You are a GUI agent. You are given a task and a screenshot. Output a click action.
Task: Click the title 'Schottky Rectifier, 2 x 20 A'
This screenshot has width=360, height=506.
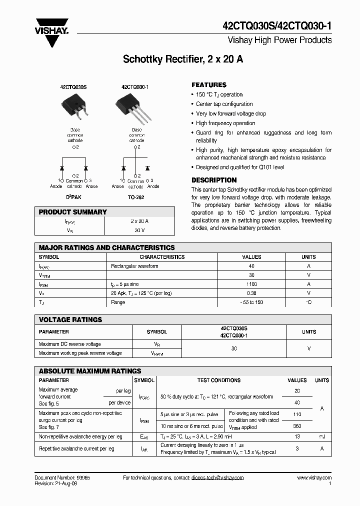coord(183,59)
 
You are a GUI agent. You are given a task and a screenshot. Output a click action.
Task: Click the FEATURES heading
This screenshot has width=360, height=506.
coord(209,85)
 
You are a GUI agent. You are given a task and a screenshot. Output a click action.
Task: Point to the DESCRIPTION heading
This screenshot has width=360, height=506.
coord(214,180)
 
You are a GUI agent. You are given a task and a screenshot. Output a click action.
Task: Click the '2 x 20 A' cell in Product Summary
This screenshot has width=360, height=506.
coord(139,221)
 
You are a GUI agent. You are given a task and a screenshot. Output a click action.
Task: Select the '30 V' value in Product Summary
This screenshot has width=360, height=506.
coord(139,230)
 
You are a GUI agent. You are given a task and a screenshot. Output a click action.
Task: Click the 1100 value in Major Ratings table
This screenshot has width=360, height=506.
coord(251,284)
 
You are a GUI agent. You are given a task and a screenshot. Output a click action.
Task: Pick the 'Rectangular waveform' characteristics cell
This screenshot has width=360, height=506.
coord(134,266)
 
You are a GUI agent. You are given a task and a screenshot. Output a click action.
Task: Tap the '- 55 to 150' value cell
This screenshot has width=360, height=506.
coord(251,302)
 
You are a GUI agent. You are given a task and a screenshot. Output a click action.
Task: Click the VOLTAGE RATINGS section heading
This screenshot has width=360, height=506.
coord(70,319)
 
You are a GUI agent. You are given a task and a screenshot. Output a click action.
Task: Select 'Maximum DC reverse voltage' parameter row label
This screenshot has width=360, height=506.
coord(70,344)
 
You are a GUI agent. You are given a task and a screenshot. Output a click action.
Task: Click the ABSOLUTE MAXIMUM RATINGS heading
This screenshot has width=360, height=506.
coord(90,371)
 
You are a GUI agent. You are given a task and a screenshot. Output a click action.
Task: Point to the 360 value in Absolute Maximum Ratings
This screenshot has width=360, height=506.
coord(297,426)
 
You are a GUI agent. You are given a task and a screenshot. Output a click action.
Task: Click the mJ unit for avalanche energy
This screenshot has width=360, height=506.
coord(321,436)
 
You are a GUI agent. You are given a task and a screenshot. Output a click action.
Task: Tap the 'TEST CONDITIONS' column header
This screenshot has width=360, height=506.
coord(219,380)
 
